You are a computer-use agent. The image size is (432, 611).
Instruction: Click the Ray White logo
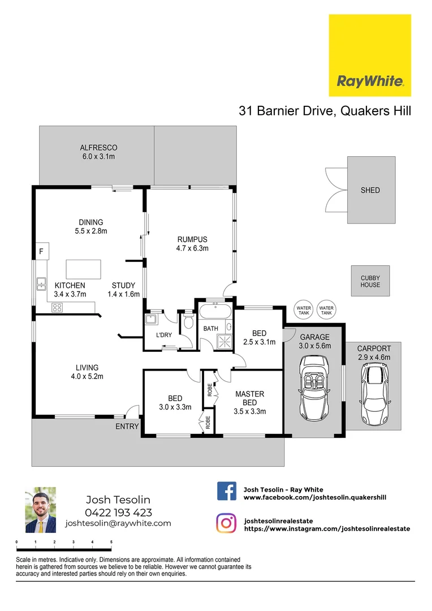pos(370,55)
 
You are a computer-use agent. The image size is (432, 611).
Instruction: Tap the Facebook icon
pos(227,491)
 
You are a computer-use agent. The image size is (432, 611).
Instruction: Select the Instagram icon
pos(227,523)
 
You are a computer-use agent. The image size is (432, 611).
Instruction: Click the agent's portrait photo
pos(41,510)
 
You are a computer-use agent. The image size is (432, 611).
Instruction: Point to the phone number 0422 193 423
pos(118,513)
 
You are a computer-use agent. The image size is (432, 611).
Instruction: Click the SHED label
pos(370,191)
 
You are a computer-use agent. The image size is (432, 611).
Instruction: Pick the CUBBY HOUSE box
pos(370,281)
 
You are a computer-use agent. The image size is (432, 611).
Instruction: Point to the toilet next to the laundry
pos(188,322)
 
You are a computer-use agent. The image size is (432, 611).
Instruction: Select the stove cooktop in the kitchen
pos(57,308)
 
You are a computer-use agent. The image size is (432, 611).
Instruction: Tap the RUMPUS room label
pos(193,239)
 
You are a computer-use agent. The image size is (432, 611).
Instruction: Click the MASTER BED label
pos(250,398)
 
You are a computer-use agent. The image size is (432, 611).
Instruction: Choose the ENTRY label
pos(127,427)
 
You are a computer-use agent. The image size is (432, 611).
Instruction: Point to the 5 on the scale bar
pos(111,542)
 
